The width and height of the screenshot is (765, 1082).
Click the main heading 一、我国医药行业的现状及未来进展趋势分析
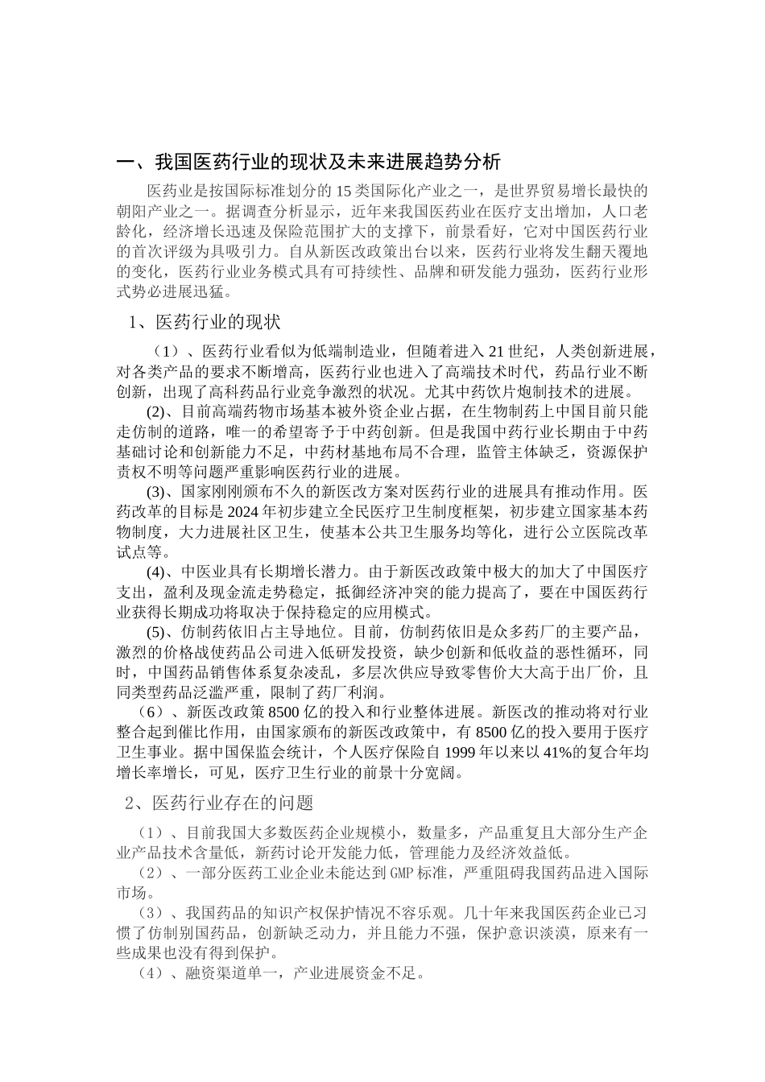pos(309,163)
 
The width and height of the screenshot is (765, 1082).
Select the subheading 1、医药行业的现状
pos(205,323)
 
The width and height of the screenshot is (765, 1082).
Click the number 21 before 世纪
pos(497,352)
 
